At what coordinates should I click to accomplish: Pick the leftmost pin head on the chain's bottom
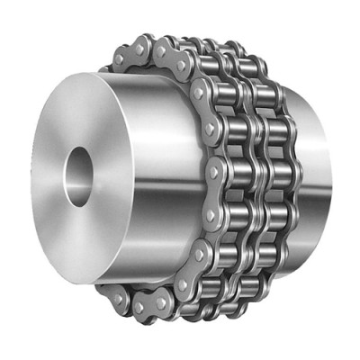click(x=115, y=293)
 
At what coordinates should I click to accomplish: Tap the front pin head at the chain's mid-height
click(x=212, y=169)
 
